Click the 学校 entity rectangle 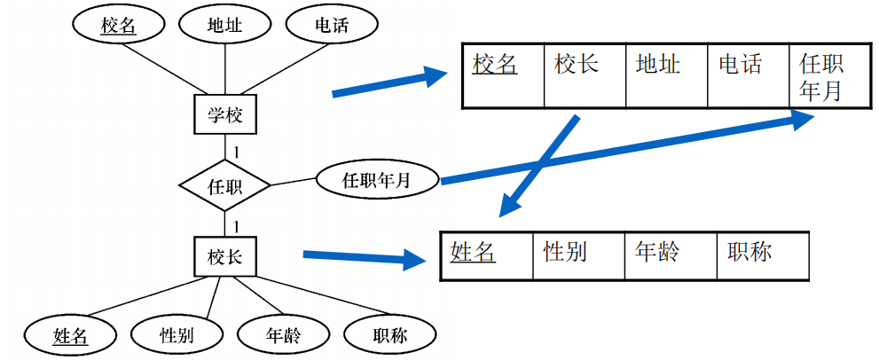point(224,114)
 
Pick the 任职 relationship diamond point(224,186)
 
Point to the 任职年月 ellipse point(376,180)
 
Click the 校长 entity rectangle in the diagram point(224,257)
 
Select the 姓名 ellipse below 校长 point(71,335)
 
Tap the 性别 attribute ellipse point(176,335)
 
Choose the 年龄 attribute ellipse point(283,335)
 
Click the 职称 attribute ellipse point(390,335)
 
